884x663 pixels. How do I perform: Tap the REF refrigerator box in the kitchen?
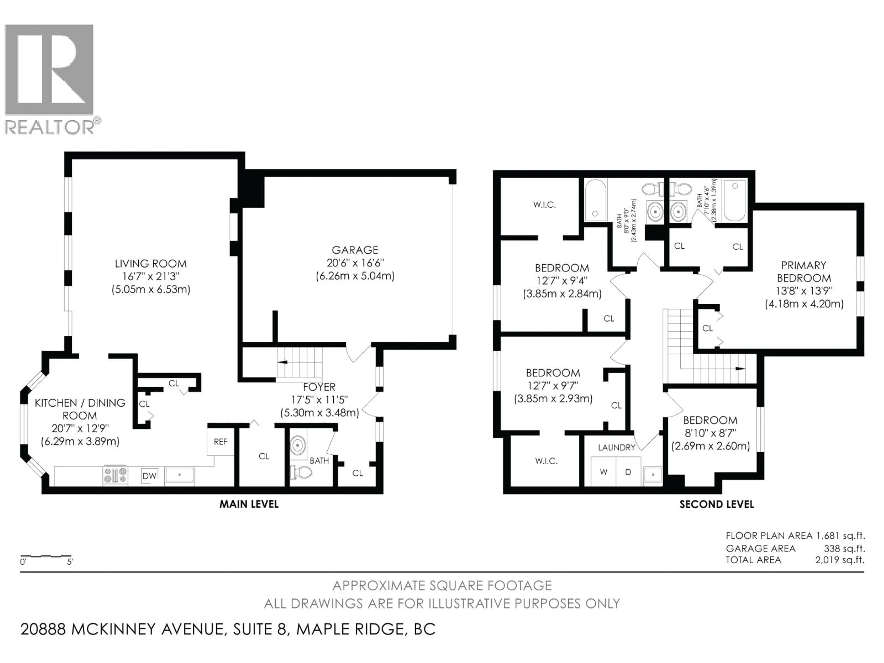click(220, 442)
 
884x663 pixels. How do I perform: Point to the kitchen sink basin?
click(179, 475)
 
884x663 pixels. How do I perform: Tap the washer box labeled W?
click(603, 472)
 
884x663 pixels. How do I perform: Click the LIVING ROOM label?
click(151, 264)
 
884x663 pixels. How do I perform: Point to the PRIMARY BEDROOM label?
click(804, 272)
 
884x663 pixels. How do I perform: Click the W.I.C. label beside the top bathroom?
click(544, 205)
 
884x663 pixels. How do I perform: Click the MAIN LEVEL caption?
click(249, 504)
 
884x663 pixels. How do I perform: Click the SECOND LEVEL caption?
click(717, 504)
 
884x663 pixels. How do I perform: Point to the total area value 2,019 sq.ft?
click(840, 560)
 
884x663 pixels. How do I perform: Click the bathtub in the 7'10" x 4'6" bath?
click(735, 200)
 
